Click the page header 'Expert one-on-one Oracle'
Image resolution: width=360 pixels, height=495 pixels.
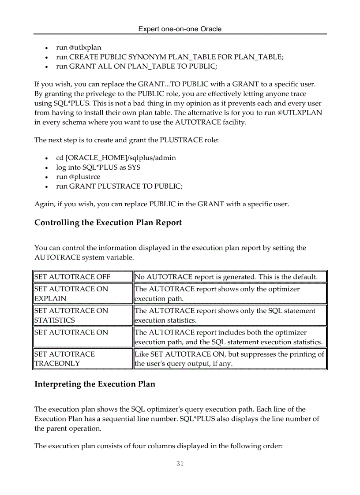coord(180,29)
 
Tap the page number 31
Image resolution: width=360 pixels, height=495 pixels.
coord(180,463)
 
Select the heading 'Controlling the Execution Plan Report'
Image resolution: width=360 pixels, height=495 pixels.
coord(108,223)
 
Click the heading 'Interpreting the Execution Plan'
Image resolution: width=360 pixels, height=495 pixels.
coord(95,384)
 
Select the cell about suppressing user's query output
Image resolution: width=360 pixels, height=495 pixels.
coord(229,358)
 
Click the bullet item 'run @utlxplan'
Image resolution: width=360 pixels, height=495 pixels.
coord(79,47)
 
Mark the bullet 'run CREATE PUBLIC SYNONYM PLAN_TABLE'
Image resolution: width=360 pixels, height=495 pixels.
coord(170,57)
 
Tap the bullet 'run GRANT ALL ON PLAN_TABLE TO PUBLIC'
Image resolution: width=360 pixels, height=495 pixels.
coord(136,66)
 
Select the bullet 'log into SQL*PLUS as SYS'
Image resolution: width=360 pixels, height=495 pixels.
coord(98,167)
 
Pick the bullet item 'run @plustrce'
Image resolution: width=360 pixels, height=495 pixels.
coord(78,177)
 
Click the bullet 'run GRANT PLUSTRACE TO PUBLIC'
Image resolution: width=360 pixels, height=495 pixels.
coord(119,186)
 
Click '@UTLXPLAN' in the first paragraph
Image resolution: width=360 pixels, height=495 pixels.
coord(300,113)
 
